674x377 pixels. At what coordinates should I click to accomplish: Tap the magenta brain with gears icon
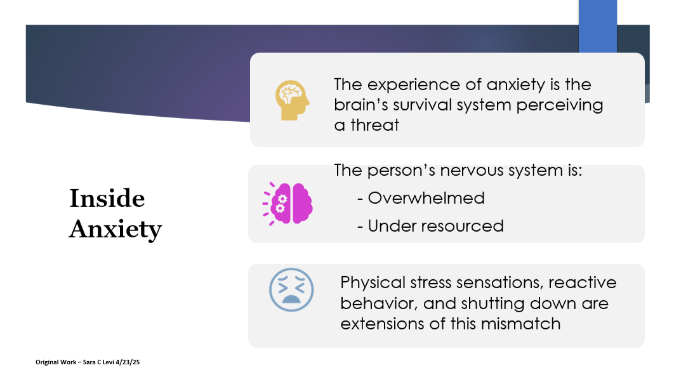point(289,203)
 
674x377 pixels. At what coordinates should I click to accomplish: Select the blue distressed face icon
point(291,290)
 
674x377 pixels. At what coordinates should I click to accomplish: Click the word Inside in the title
point(107,199)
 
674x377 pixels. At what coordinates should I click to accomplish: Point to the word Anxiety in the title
point(115,228)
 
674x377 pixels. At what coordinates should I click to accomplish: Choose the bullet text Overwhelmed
point(426,198)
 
